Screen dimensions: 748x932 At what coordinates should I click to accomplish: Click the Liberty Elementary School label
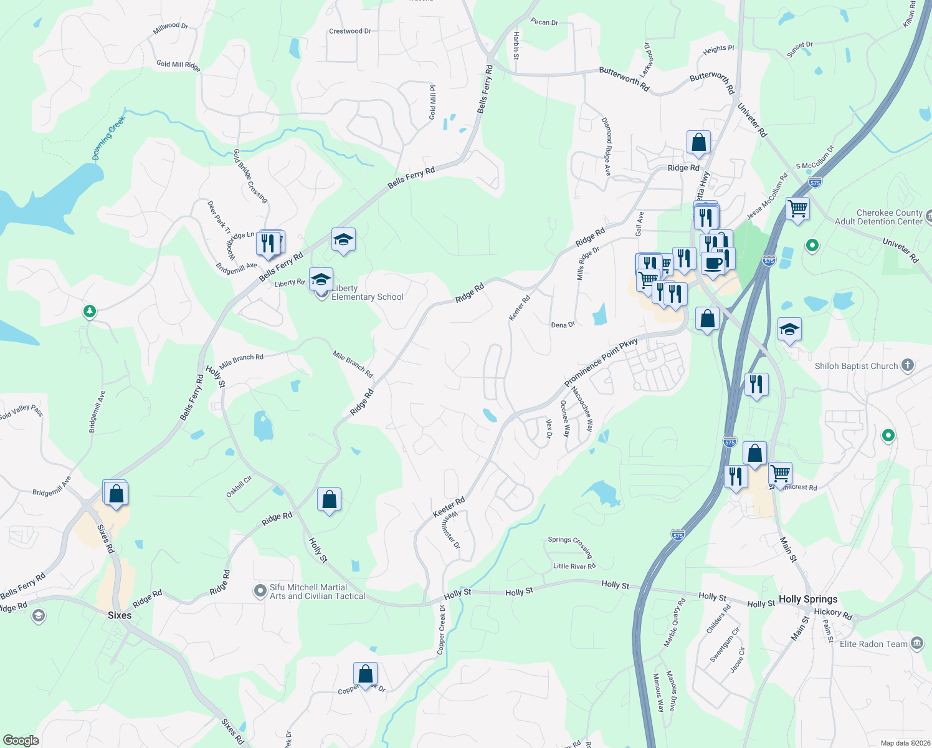367,293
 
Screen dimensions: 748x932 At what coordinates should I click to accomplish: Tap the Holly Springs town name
807,599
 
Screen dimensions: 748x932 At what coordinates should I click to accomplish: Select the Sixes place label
119,615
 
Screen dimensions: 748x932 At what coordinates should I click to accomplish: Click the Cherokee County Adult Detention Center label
889,217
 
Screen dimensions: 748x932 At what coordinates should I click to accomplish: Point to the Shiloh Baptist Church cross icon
908,365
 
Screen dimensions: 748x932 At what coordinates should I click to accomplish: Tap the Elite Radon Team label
873,644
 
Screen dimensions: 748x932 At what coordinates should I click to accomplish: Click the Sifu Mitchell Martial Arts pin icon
260,591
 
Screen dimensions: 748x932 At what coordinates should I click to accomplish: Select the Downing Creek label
109,137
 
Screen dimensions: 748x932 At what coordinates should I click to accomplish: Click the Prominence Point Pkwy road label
601,362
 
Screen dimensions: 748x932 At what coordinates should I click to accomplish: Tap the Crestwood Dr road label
349,31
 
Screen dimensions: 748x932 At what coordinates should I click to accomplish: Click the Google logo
21,740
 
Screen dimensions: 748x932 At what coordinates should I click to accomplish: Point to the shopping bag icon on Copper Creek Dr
365,674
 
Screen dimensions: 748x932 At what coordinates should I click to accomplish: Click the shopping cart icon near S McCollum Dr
797,208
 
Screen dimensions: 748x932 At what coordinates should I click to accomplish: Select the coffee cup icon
713,263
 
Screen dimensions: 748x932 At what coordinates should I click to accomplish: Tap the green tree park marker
90,310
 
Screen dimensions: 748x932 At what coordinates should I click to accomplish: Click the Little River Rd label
574,566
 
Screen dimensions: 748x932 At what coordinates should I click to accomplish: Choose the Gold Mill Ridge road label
178,65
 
